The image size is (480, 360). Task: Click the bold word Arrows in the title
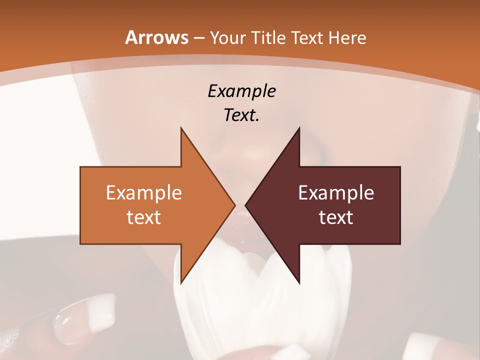tap(156, 37)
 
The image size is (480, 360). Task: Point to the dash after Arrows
tap(198, 38)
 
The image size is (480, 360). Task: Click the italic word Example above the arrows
tap(241, 91)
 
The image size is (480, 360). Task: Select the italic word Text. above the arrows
tap(241, 115)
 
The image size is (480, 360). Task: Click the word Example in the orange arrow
tap(143, 193)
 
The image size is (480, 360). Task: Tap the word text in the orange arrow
tap(143, 217)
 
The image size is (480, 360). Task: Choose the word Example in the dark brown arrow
tap(336, 193)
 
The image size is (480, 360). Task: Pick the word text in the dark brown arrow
tap(336, 217)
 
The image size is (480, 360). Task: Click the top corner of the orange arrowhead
tap(181, 128)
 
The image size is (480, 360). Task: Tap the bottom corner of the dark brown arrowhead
tap(299, 282)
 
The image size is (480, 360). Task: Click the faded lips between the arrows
tap(240, 216)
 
